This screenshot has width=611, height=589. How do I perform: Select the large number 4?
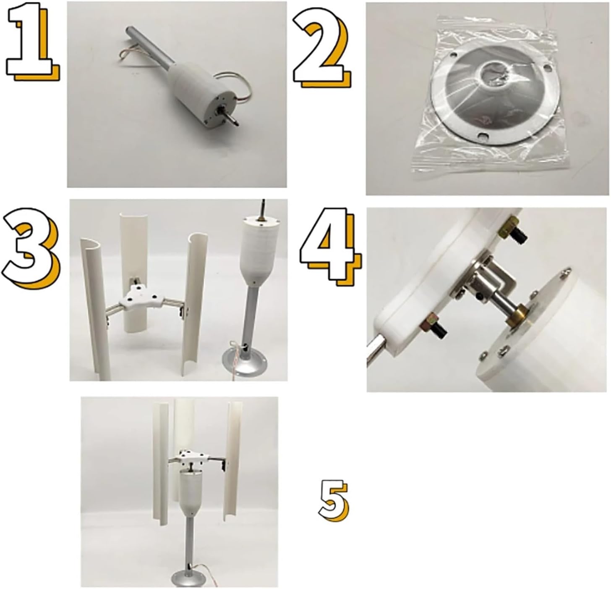(329, 244)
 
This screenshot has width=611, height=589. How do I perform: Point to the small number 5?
(333, 500)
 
